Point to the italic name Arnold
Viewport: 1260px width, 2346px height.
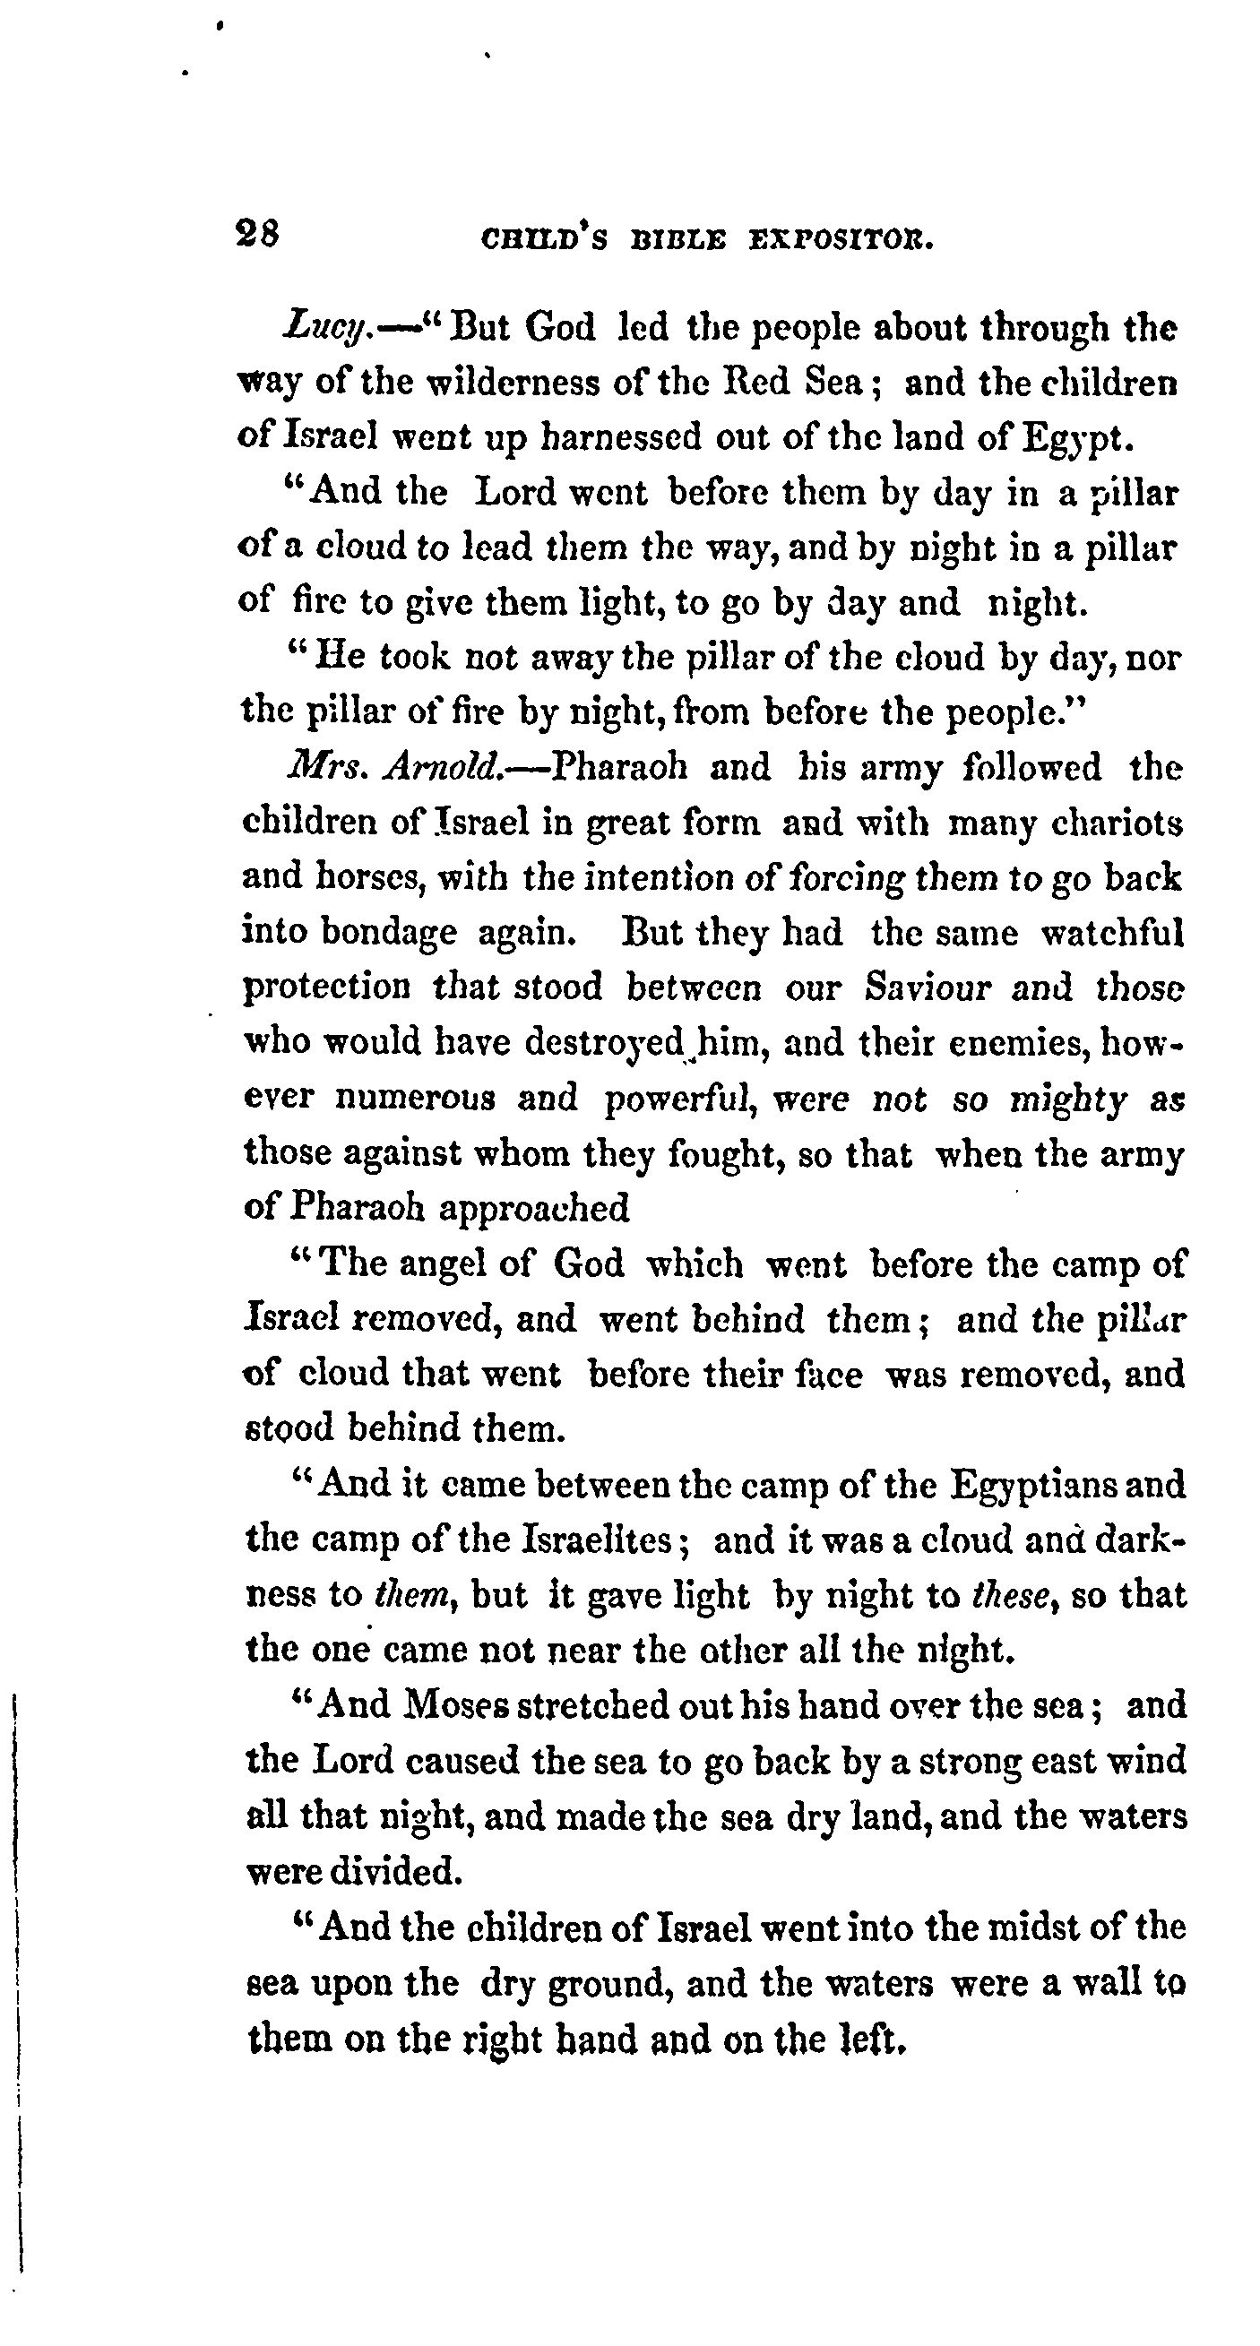[x=444, y=769]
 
